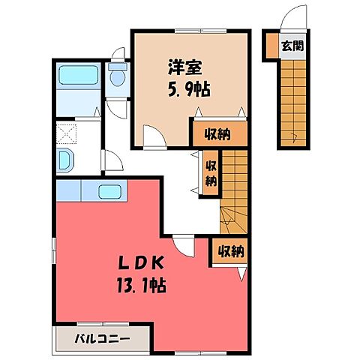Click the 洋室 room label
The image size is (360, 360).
click(182, 66)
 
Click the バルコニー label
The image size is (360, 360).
click(103, 338)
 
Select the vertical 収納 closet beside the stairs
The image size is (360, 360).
click(211, 172)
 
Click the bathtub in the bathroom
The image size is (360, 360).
click(79, 76)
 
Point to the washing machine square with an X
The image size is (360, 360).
click(67, 135)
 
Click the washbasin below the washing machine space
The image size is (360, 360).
click(66, 160)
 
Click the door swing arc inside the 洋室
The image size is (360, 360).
click(153, 136)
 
